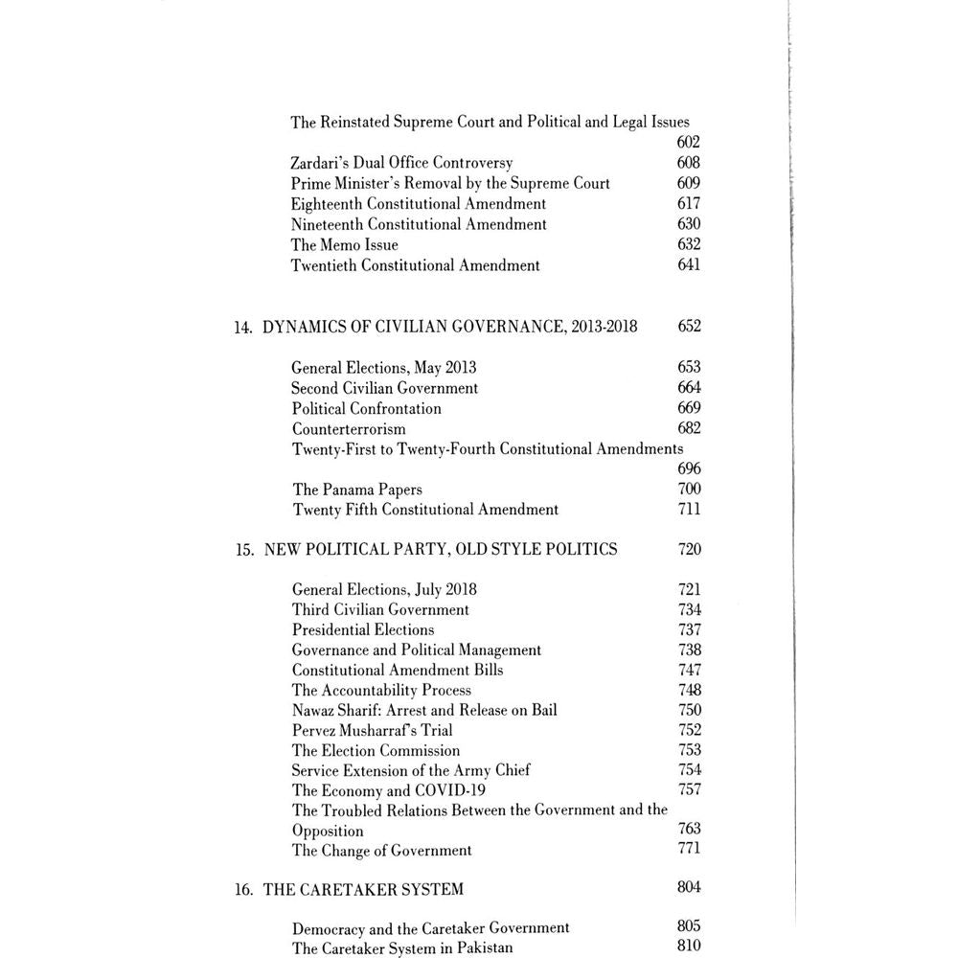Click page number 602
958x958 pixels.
[688, 143]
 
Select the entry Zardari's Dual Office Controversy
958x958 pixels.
[402, 163]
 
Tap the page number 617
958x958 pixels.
[688, 203]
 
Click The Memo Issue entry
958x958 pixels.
[345, 244]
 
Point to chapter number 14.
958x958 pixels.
[242, 327]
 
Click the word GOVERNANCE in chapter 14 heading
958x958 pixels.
[504, 327]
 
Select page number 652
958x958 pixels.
[689, 327]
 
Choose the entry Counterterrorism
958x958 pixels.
[349, 428]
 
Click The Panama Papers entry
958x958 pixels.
[357, 490]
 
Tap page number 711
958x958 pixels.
[689, 510]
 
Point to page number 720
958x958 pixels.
[689, 550]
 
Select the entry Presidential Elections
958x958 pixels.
[363, 629]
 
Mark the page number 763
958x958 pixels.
[689, 829]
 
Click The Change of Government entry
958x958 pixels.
[382, 850]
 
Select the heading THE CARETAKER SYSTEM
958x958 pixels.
[363, 889]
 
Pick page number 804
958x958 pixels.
[688, 887]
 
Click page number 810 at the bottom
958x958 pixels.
[688, 947]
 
